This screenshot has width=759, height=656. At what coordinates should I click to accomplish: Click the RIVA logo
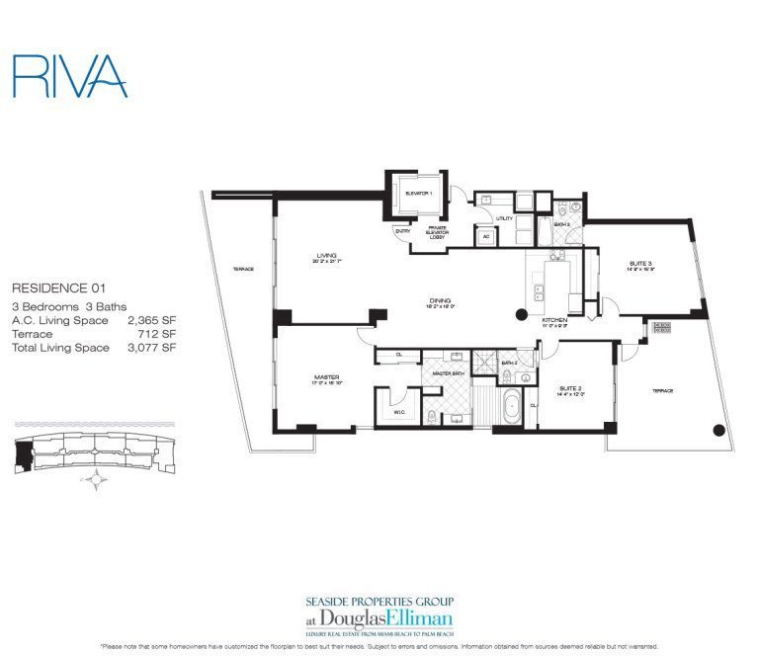tap(69, 76)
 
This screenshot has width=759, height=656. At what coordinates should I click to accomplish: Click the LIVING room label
tap(313, 254)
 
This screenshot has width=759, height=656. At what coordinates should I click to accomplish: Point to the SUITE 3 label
tap(640, 264)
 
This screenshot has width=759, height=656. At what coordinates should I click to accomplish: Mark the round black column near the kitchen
tap(522, 316)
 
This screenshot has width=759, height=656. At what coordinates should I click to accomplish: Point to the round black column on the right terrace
tap(719, 431)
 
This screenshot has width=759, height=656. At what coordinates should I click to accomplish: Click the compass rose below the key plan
tap(96, 481)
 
